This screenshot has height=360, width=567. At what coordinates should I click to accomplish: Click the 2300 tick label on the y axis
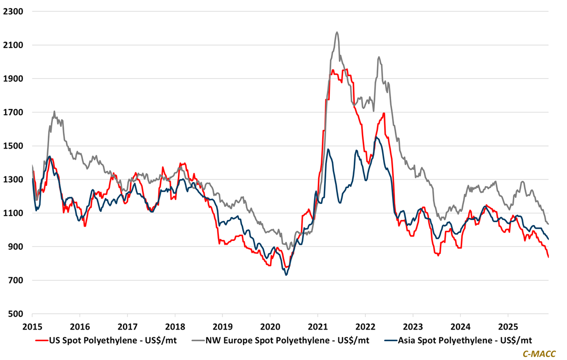coord(14,11)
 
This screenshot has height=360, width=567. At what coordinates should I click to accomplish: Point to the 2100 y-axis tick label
coord(14,45)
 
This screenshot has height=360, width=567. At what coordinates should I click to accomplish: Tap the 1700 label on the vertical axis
coord(14,112)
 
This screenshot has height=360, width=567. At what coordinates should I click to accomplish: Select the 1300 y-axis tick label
coord(14,179)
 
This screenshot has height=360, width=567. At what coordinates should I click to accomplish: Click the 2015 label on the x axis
coord(32,326)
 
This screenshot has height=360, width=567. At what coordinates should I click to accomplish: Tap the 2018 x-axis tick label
coord(175,326)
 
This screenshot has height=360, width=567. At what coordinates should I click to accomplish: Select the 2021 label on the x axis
coord(318,326)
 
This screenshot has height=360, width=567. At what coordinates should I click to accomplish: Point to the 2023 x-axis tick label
coord(413,326)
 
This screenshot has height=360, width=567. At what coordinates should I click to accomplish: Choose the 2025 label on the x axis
coord(508,326)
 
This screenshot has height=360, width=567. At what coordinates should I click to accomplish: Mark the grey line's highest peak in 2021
coord(337,32)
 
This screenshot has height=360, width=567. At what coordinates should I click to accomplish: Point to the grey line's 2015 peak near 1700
coord(54,112)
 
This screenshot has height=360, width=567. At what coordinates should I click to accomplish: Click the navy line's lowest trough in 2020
coord(286,275)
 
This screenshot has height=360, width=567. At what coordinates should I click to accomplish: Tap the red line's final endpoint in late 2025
coord(548,257)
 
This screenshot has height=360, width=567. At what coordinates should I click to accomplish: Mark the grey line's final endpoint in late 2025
coord(548,224)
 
